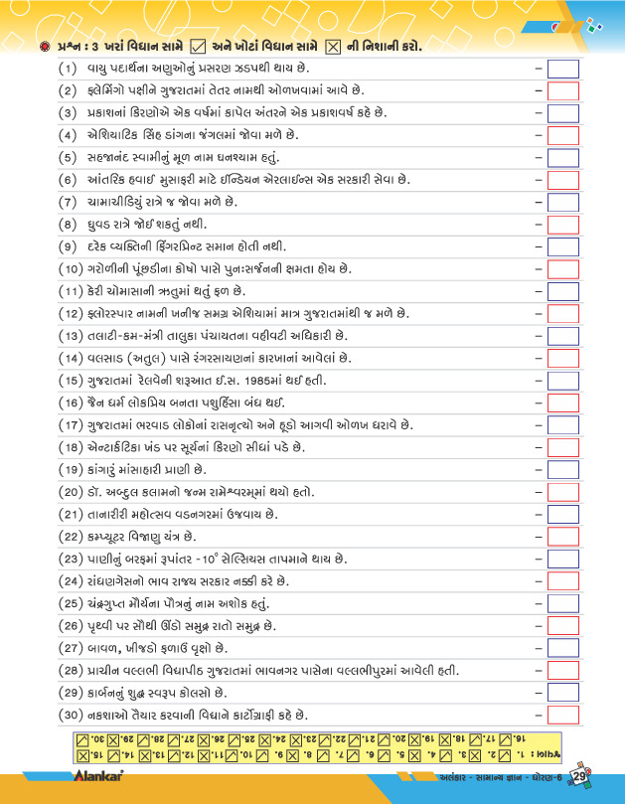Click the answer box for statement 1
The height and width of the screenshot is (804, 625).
[x=563, y=69]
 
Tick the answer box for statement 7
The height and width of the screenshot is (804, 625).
[x=563, y=203]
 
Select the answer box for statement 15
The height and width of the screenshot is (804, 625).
[x=563, y=381]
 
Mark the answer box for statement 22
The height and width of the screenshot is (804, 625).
[x=563, y=537]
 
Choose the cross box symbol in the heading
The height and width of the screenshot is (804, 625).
[x=333, y=46]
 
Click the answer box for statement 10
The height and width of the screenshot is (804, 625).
[x=563, y=269]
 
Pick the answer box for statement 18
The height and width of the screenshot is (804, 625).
[x=563, y=447]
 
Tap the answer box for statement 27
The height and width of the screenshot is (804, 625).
[x=563, y=648]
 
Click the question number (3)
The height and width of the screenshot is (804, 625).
[x=68, y=113]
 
